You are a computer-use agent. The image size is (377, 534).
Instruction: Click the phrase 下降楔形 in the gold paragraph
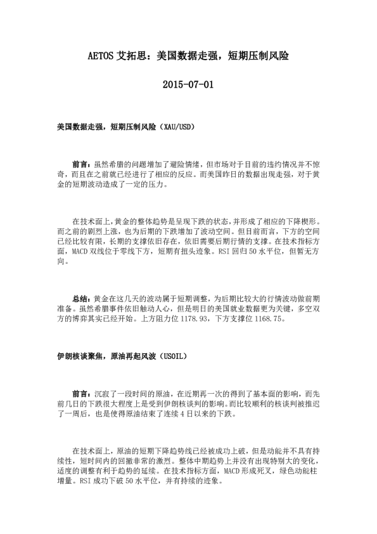[x=304, y=222]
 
